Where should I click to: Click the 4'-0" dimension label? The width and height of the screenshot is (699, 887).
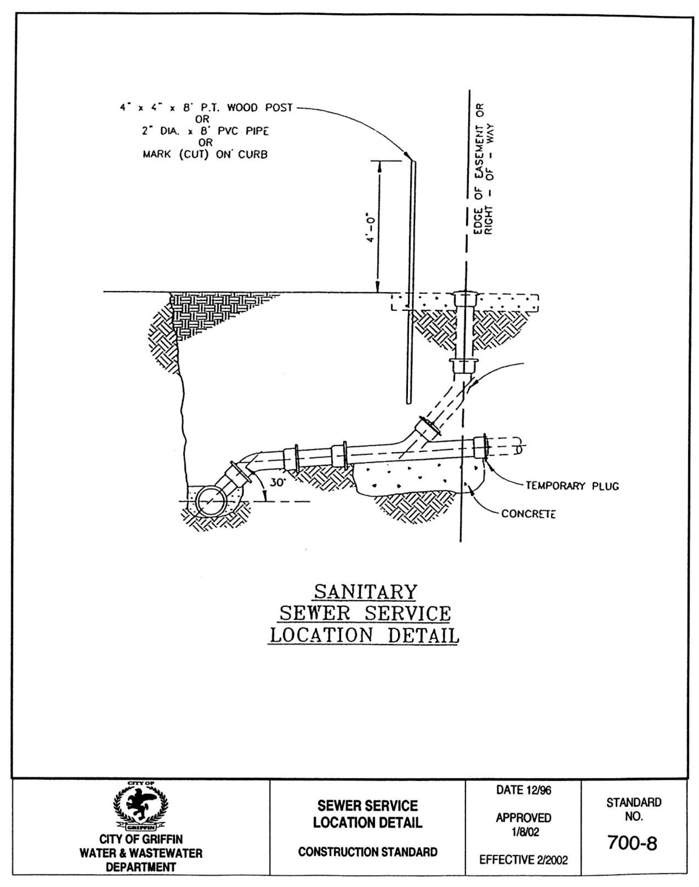coord(370,227)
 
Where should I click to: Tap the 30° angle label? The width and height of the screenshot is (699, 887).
coord(278,483)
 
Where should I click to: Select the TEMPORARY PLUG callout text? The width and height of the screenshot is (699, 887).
coord(572,486)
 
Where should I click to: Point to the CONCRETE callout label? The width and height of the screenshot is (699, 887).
coord(528,514)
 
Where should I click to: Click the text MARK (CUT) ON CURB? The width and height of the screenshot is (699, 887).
coord(205,155)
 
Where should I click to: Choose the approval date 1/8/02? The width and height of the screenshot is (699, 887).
coord(523,832)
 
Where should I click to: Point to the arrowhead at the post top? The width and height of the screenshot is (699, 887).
coord(408,156)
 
